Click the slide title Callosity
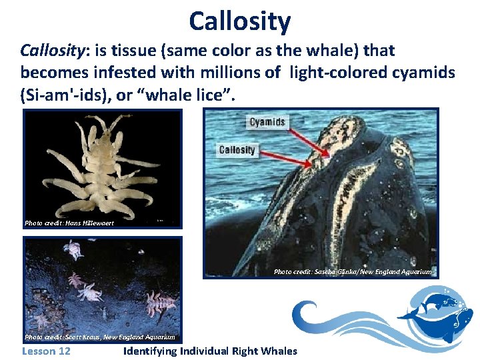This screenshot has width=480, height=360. tap(239, 21)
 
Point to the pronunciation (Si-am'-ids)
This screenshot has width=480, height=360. tap(64, 95)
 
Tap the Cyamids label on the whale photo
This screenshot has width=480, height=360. tap(267, 122)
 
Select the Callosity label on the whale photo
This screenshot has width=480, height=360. tap(237, 150)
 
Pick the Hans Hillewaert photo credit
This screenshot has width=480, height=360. tap(69, 223)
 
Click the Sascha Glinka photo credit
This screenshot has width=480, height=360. tap(353, 271)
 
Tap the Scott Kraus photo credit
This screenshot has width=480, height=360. tap(99, 337)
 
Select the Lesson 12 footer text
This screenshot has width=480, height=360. tap(46, 351)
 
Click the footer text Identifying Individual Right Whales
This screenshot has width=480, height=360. tap(211, 351)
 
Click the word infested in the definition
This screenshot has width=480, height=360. tap(125, 73)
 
